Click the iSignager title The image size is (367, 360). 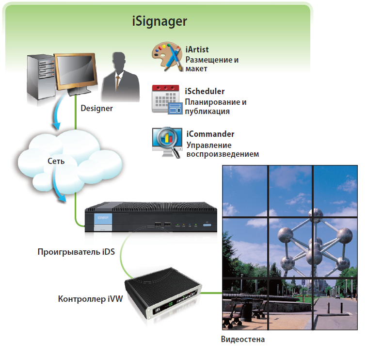click(159, 22)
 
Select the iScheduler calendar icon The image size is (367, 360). click(165, 99)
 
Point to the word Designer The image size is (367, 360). click(96, 108)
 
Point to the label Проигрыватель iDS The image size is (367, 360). click(76, 252)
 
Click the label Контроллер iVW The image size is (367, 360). click(90, 298)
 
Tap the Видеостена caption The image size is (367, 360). click(243, 339)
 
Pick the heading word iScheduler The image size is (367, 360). click(205, 91)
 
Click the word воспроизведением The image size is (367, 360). click(223, 154)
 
